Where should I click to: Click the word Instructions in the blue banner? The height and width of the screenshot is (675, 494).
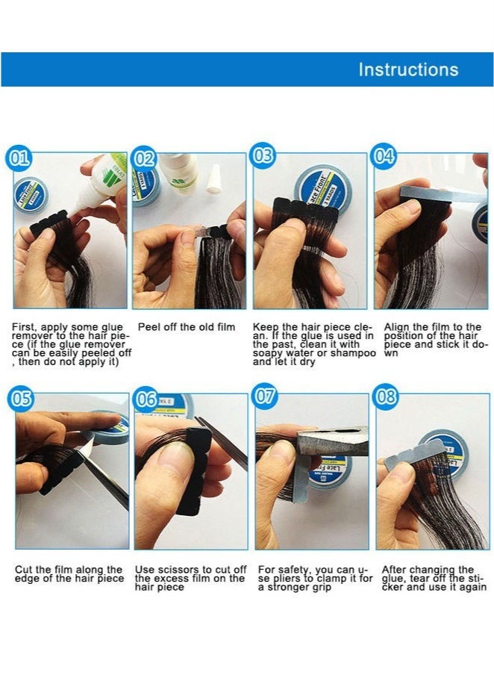408,70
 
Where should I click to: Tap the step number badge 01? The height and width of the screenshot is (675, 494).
19,158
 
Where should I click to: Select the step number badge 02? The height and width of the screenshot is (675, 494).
144,158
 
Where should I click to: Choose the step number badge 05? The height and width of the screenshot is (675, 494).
22,398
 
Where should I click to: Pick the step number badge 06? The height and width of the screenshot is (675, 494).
146,399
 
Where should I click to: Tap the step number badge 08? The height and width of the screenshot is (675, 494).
387,396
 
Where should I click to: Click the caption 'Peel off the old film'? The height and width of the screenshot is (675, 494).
186,327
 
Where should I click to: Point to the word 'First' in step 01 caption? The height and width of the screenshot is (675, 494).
24,327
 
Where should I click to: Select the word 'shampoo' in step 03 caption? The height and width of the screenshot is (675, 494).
358,353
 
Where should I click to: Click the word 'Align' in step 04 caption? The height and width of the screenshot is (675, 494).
397,327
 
